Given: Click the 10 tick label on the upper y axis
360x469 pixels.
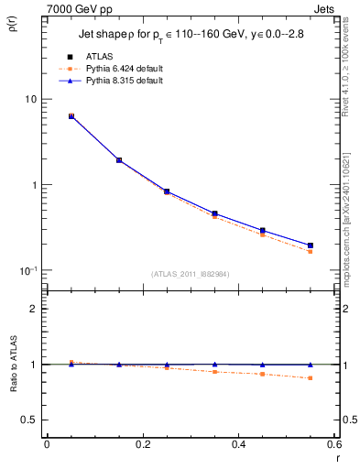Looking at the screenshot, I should (28, 99).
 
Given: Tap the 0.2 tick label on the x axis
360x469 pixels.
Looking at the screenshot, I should (142, 445).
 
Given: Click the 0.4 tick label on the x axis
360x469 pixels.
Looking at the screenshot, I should (239, 445).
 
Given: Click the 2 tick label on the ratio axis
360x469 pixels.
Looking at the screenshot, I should (30, 309).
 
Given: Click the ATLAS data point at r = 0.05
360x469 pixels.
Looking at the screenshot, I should (71, 116).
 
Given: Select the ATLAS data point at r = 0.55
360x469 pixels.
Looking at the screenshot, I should (311, 245).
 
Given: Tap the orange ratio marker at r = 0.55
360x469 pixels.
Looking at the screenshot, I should (311, 378).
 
